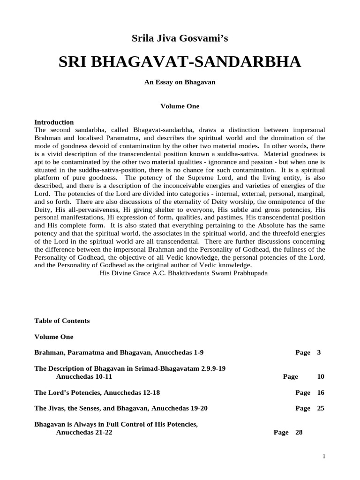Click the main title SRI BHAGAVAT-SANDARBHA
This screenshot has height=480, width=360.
(180, 62)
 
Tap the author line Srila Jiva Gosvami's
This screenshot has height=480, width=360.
(180, 39)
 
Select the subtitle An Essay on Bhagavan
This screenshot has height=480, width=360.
(180, 82)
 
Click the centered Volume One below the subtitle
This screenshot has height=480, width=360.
(180, 106)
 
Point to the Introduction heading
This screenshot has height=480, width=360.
(54, 122)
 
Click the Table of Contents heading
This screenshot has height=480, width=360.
(62, 321)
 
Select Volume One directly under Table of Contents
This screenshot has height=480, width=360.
(54, 337)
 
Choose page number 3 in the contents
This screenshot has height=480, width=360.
(319, 352)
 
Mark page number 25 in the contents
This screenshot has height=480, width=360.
(321, 408)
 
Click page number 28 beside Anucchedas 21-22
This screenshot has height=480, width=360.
(299, 433)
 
